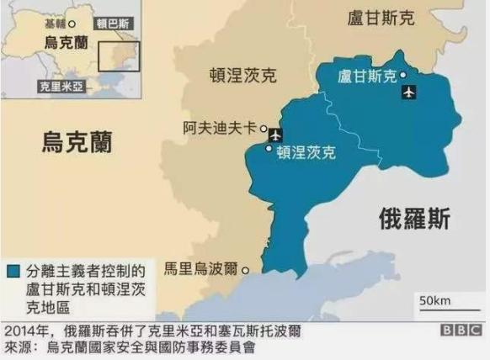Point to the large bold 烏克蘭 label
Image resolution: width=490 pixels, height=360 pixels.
(x=77, y=142)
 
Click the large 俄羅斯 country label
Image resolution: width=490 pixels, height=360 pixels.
(x=414, y=220)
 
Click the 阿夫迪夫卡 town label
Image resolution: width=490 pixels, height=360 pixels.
(x=221, y=128)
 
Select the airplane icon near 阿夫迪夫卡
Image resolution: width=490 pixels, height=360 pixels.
(x=276, y=135)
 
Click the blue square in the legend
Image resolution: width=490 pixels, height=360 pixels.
(x=13, y=272)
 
